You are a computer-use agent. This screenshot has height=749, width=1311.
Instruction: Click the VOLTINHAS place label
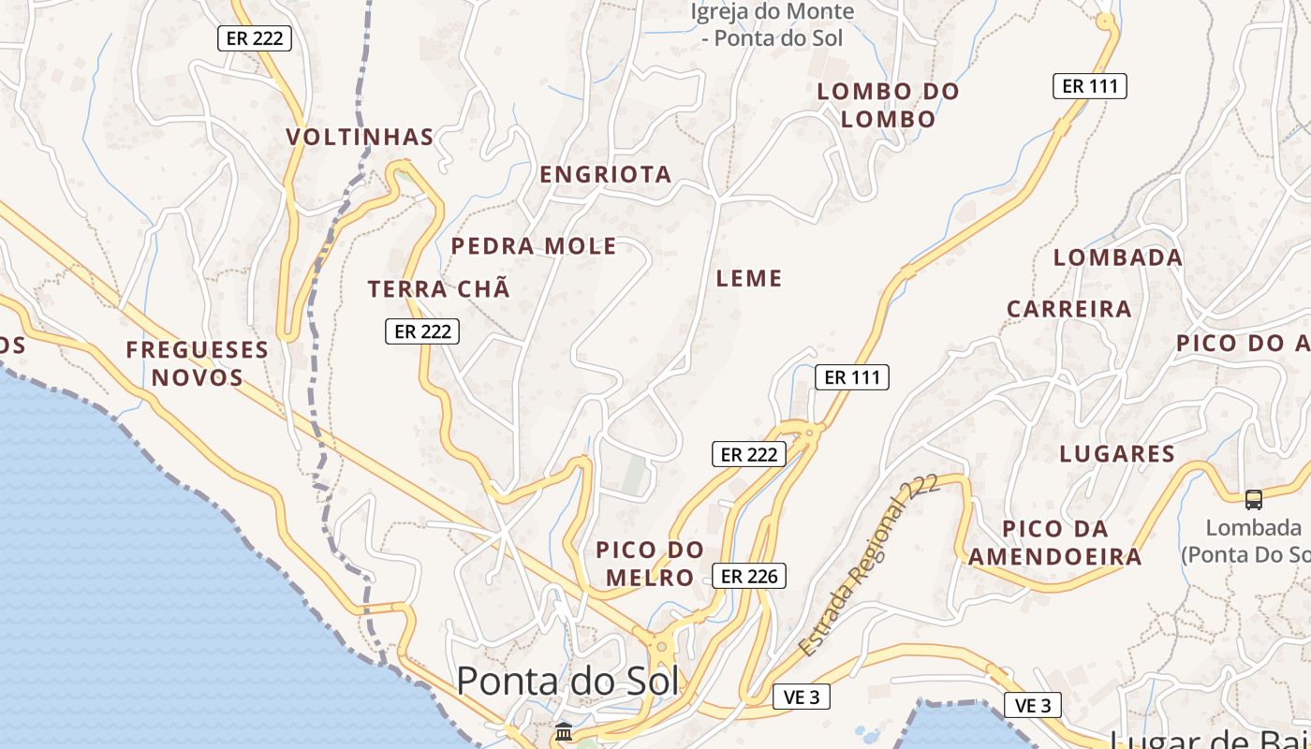tap(360, 138)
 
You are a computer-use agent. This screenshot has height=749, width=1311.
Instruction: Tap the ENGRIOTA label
tap(605, 174)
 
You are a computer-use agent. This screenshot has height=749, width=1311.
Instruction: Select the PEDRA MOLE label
tap(534, 246)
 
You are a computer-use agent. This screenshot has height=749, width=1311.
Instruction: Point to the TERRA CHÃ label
tap(439, 289)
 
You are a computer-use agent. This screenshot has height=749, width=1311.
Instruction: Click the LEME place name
tap(748, 278)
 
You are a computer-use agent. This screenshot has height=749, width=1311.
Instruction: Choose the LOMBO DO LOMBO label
tap(888, 105)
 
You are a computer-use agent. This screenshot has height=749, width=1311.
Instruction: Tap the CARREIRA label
tap(1068, 309)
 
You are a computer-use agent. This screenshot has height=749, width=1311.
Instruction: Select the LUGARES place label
tap(1116, 454)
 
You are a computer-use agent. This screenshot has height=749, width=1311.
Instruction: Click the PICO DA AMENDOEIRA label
tap(1054, 543)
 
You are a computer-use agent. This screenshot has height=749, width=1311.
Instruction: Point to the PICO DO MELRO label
tap(650, 564)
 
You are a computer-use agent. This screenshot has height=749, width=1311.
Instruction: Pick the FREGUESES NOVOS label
tap(198, 363)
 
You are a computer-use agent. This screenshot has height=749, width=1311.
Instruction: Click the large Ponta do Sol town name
tap(567, 681)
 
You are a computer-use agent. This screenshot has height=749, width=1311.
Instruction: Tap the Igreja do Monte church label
tap(773, 25)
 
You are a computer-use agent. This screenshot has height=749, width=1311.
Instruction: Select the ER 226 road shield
tap(748, 576)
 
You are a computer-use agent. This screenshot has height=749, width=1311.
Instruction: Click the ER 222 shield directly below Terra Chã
tap(422, 330)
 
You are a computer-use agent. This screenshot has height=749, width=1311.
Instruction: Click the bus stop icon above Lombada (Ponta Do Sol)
tap(1254, 500)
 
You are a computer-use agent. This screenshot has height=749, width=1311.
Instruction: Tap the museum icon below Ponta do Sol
tap(564, 732)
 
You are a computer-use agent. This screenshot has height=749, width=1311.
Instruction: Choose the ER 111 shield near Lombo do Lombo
tap(1089, 86)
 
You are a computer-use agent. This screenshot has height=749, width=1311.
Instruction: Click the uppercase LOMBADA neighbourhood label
tap(1117, 257)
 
